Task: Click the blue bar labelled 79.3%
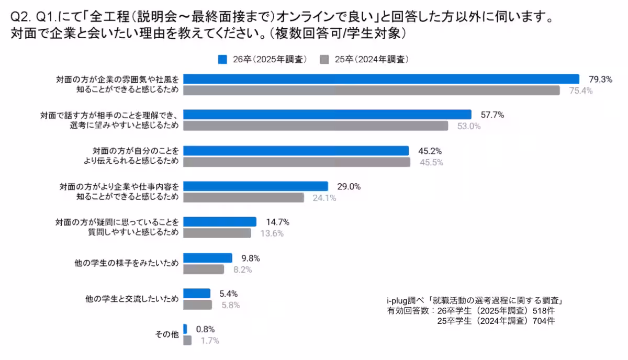[381, 79]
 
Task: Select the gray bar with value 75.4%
[372, 91]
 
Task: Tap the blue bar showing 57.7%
[327, 115]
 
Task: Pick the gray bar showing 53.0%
[316, 126]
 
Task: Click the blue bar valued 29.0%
[255, 186]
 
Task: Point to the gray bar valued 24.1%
[243, 198]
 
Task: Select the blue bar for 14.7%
[220, 222]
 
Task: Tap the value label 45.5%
[431, 162]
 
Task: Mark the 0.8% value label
[205, 330]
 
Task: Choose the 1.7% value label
[209, 341]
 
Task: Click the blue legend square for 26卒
[222, 59]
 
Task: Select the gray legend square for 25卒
[324, 59]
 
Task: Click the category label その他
[167, 334]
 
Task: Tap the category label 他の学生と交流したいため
[132, 299]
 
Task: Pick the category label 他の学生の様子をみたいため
[127, 263]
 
